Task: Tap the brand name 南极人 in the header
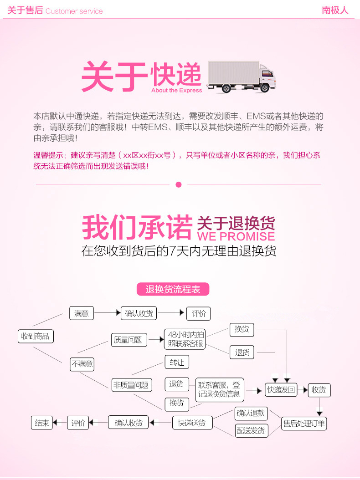pyautogui.click(x=335, y=10)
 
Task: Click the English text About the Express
pyautogui.click(x=176, y=90)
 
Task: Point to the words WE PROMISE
pyautogui.click(x=236, y=236)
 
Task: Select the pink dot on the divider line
pyautogui.click(x=179, y=184)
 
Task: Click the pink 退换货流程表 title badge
pyautogui.click(x=173, y=289)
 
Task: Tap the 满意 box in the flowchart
pyautogui.click(x=81, y=313)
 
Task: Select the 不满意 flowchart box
pyautogui.click(x=82, y=363)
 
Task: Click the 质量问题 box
pyautogui.click(x=129, y=340)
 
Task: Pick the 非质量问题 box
pyautogui.click(x=131, y=385)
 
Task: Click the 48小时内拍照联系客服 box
pyautogui.click(x=185, y=339)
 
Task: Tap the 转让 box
pyautogui.click(x=177, y=362)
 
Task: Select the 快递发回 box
pyautogui.click(x=281, y=389)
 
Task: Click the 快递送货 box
pyautogui.click(x=192, y=423)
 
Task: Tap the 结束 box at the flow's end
pyautogui.click(x=42, y=423)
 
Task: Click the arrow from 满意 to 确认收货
pyautogui.click(x=106, y=313)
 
